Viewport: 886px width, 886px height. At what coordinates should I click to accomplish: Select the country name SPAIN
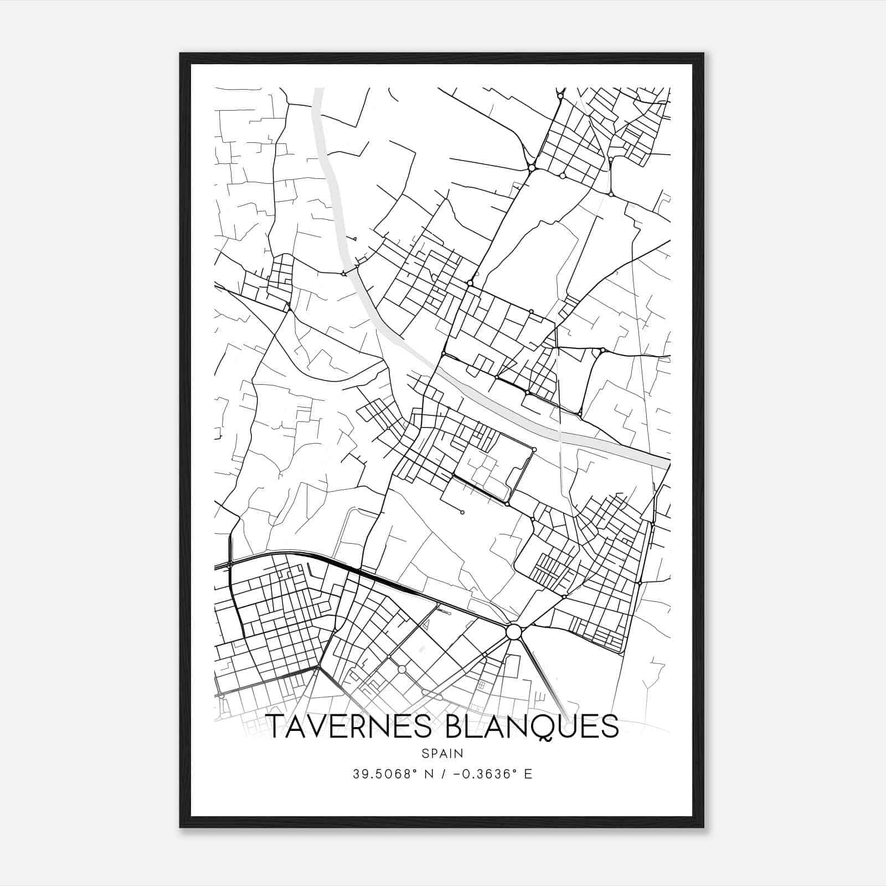(442, 753)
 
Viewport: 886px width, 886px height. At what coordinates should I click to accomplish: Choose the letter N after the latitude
(427, 774)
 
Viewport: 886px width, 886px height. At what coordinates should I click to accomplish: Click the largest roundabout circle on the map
(514, 632)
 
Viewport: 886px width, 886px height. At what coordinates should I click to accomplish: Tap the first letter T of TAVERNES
(275, 727)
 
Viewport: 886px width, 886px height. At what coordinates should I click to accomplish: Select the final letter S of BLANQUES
(610, 727)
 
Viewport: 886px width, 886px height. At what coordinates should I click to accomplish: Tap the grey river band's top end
(318, 90)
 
